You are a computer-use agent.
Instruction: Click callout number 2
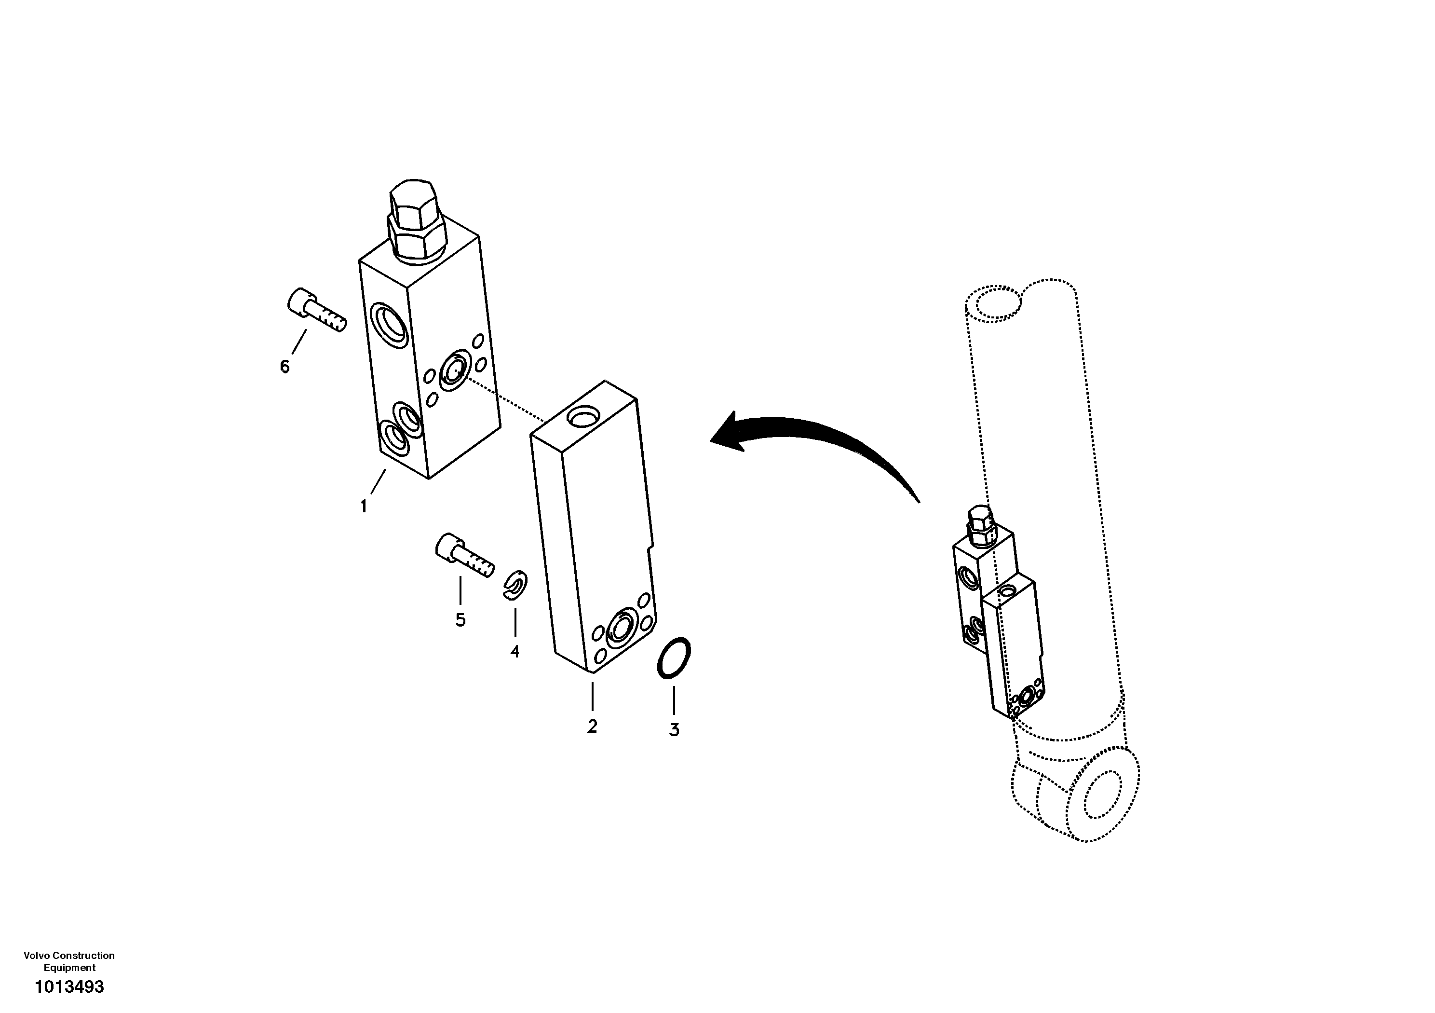(592, 726)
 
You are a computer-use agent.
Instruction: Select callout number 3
(674, 730)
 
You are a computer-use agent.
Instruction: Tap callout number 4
(514, 652)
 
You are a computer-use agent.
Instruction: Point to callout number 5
(460, 620)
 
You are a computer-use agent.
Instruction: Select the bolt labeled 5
(463, 555)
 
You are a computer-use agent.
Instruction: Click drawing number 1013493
(69, 987)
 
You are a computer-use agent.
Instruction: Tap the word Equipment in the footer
(69, 967)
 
